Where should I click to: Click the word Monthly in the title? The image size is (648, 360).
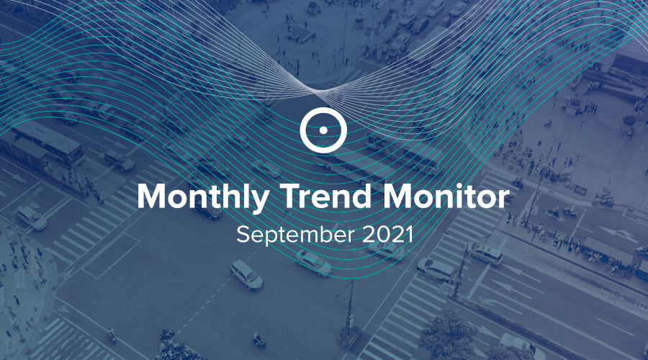point(203,197)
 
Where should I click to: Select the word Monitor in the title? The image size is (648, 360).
point(446,196)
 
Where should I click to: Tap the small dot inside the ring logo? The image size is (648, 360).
point(323,130)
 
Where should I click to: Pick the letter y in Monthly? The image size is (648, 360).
point(259,202)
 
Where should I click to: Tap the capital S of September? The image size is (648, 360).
point(243,235)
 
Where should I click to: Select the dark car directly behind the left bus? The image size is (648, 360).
point(119,161)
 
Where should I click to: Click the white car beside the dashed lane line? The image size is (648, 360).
point(246,275)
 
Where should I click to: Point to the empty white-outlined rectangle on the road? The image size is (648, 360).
point(111,256)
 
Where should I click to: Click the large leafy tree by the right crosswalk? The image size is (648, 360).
point(449,335)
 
